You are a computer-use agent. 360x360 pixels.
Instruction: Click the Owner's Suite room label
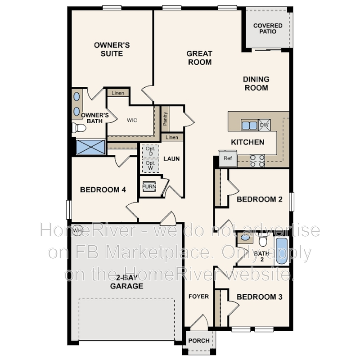[x=112, y=49]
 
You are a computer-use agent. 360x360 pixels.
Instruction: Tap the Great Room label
[x=199, y=58]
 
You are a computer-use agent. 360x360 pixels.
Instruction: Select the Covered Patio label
[x=268, y=29]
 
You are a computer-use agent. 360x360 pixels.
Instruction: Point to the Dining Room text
[x=256, y=83]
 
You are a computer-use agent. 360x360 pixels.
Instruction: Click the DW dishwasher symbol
[x=265, y=125]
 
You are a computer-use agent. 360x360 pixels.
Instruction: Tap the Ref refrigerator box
[x=228, y=158]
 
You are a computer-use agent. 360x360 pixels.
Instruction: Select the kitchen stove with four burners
[x=257, y=161]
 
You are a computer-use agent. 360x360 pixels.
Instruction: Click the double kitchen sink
[x=249, y=125]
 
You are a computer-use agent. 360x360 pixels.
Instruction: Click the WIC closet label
[x=132, y=120]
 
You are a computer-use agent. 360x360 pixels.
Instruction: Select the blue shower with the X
[x=90, y=147]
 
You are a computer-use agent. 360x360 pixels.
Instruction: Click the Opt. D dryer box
[x=150, y=151]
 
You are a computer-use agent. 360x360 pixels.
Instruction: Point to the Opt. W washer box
[x=150, y=165]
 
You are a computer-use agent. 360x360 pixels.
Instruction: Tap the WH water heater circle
[x=76, y=230]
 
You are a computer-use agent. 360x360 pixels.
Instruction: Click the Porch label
[x=198, y=341]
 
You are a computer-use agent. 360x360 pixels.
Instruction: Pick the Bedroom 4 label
[x=103, y=190]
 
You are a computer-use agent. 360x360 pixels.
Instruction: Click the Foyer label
[x=198, y=296]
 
